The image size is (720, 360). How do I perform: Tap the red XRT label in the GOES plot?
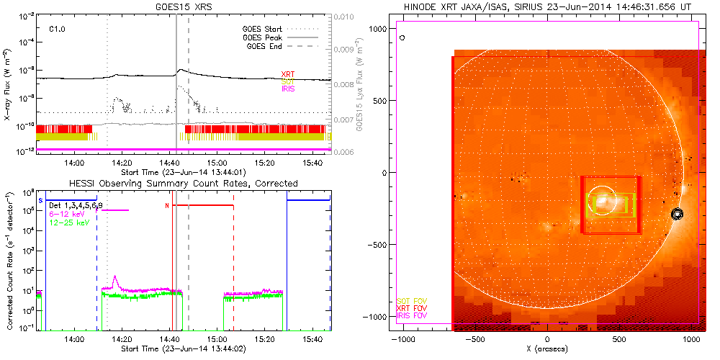tap(288, 74)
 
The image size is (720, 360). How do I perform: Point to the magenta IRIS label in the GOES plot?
tap(288, 89)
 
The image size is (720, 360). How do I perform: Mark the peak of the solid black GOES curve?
tap(181, 70)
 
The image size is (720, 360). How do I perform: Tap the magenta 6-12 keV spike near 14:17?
tap(114, 277)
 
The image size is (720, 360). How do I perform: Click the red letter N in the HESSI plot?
tap(167, 206)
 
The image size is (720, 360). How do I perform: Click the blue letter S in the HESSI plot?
tap(40, 199)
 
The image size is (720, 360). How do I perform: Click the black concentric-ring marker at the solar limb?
tap(676, 214)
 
